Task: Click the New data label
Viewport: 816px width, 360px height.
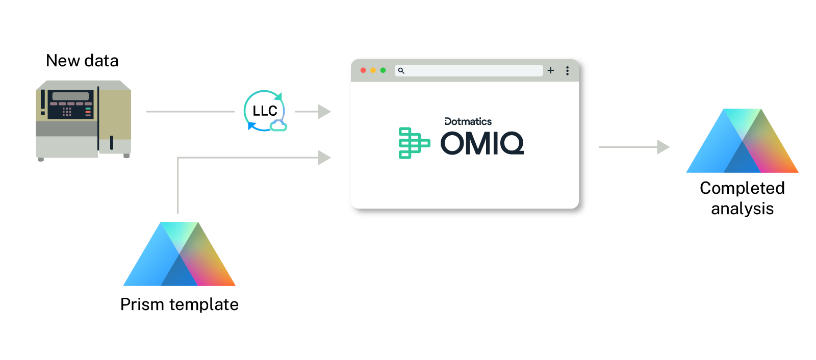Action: (82, 61)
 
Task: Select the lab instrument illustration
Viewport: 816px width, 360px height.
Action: (83, 120)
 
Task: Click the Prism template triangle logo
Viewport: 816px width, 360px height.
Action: (179, 255)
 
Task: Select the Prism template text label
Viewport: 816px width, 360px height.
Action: (180, 304)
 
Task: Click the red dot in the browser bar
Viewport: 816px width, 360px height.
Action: (363, 70)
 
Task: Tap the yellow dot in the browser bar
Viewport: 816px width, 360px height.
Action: (373, 70)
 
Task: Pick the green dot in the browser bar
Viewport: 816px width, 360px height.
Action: (383, 70)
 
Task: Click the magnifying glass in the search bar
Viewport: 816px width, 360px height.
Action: (401, 70)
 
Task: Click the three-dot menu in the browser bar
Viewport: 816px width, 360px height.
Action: (567, 70)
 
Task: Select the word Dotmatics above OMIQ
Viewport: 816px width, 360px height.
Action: (468, 121)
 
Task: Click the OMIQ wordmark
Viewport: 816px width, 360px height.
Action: (482, 143)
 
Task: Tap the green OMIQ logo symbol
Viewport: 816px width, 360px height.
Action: (413, 143)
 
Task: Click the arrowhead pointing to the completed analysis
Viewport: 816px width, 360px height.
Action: (662, 147)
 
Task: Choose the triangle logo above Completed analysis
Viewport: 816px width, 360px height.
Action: (742, 142)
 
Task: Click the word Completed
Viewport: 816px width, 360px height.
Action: (742, 188)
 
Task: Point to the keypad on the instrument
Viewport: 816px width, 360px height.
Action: (67, 112)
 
